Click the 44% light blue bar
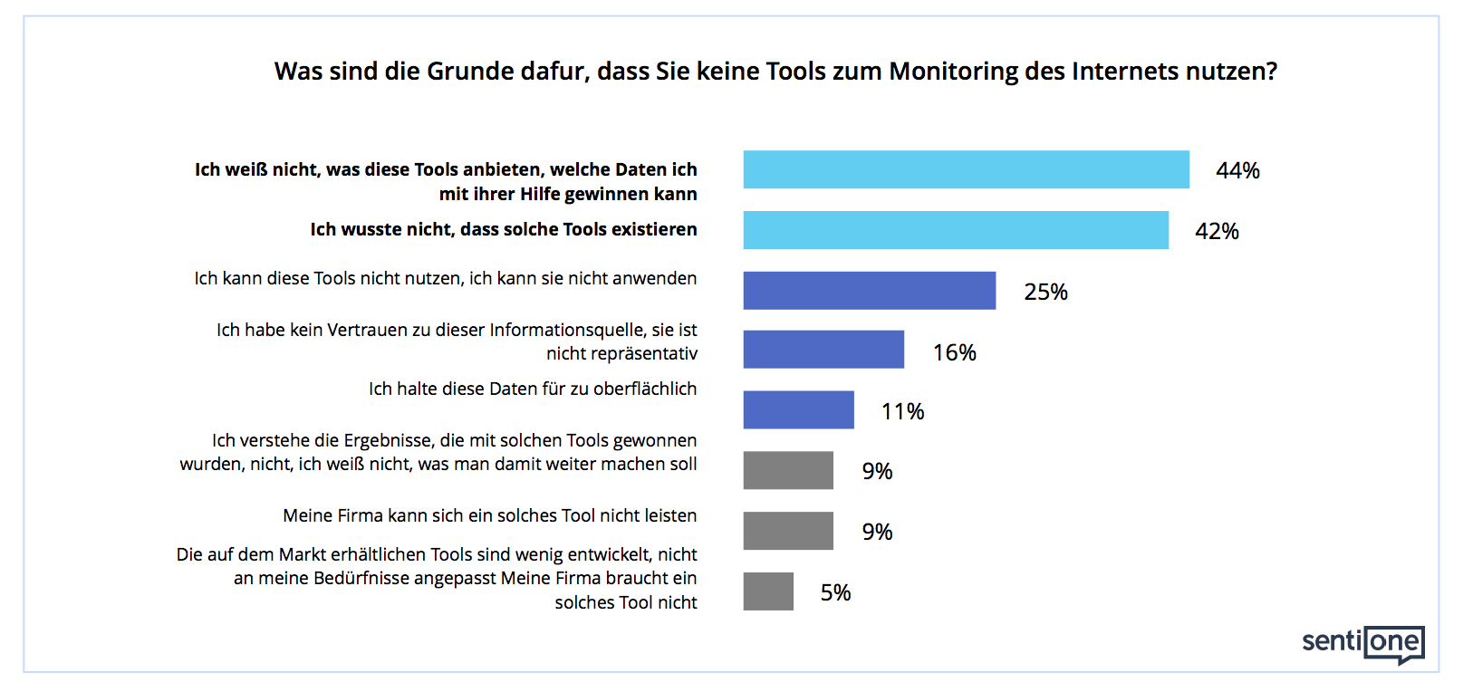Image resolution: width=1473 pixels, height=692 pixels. [x=966, y=169]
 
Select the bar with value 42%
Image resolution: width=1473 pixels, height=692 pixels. [x=956, y=230]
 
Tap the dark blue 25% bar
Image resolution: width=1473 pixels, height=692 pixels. [x=869, y=291]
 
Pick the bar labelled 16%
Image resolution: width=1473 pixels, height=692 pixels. [x=823, y=350]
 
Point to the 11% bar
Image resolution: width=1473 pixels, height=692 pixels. [x=798, y=410]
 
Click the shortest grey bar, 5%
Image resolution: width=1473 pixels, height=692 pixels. [x=768, y=591]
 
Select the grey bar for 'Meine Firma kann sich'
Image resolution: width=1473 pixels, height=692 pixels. [x=788, y=531]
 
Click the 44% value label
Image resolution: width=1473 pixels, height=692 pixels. [x=1237, y=170]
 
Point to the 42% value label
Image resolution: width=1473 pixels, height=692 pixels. [x=1217, y=231]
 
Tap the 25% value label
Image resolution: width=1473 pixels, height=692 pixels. [x=1045, y=292]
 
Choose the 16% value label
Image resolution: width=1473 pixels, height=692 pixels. [x=954, y=352]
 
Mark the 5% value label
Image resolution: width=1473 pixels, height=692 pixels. [x=835, y=592]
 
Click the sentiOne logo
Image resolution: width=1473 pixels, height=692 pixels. [x=1362, y=643]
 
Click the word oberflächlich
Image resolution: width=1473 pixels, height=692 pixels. [x=645, y=389]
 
